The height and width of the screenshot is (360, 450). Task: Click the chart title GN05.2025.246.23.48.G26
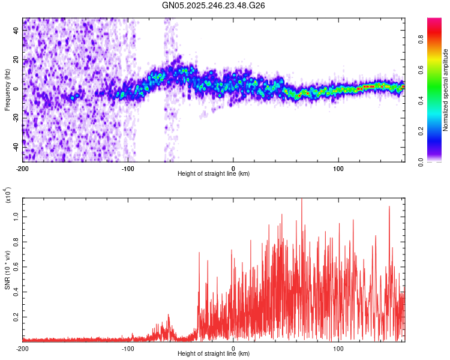click(214, 5)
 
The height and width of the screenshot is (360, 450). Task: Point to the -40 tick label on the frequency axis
click(16, 146)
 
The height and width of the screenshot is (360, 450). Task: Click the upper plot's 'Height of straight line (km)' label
click(214, 174)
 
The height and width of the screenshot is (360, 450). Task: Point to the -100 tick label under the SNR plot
click(128, 348)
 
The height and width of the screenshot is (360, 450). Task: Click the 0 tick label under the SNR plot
click(233, 348)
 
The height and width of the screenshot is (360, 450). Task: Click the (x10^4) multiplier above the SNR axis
click(7, 195)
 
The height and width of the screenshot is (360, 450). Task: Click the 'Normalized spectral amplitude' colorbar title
click(445, 90)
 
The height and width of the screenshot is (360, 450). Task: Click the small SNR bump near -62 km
click(169, 316)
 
